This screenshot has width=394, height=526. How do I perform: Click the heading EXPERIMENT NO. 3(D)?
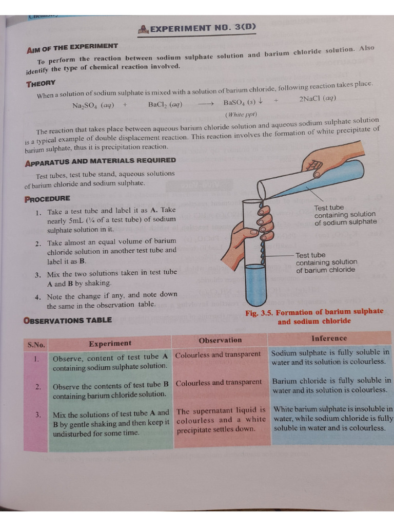[197, 29]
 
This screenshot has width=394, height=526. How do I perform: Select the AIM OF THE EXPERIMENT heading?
[72, 47]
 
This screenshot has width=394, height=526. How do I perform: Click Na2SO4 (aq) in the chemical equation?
[93, 105]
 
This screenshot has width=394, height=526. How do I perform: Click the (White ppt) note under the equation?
[241, 114]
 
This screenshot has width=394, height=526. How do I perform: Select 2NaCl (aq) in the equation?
[318, 99]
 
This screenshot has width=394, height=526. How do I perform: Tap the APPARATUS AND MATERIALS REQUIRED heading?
[100, 161]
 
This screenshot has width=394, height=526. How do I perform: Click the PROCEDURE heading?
[47, 199]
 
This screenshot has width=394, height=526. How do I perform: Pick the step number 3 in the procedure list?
[38, 275]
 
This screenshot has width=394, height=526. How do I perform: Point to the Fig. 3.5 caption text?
[314, 316]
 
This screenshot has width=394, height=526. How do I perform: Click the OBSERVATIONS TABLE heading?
[67, 320]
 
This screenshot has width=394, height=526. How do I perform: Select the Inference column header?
[329, 338]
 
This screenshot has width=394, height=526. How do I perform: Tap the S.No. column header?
[36, 344]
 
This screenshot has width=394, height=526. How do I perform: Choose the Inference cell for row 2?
[331, 385]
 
